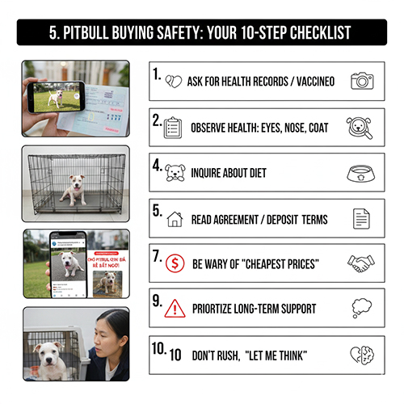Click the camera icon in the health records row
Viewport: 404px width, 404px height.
[x=362, y=81]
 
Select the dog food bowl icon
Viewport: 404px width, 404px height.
[x=360, y=173]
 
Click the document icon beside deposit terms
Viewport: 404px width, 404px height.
[x=361, y=218]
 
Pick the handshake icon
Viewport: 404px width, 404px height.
[x=360, y=263]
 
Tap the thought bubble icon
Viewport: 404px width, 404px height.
[x=361, y=309]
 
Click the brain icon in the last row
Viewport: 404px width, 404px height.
[x=361, y=354]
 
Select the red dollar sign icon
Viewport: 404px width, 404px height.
[x=175, y=264]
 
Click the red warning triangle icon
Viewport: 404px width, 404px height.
[x=175, y=309]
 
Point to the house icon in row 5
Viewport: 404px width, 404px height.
[x=175, y=219]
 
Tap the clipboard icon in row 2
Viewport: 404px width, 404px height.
[x=173, y=128]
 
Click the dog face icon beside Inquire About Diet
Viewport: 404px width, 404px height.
[x=175, y=173]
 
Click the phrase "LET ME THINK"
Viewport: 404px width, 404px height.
[x=286, y=355]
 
